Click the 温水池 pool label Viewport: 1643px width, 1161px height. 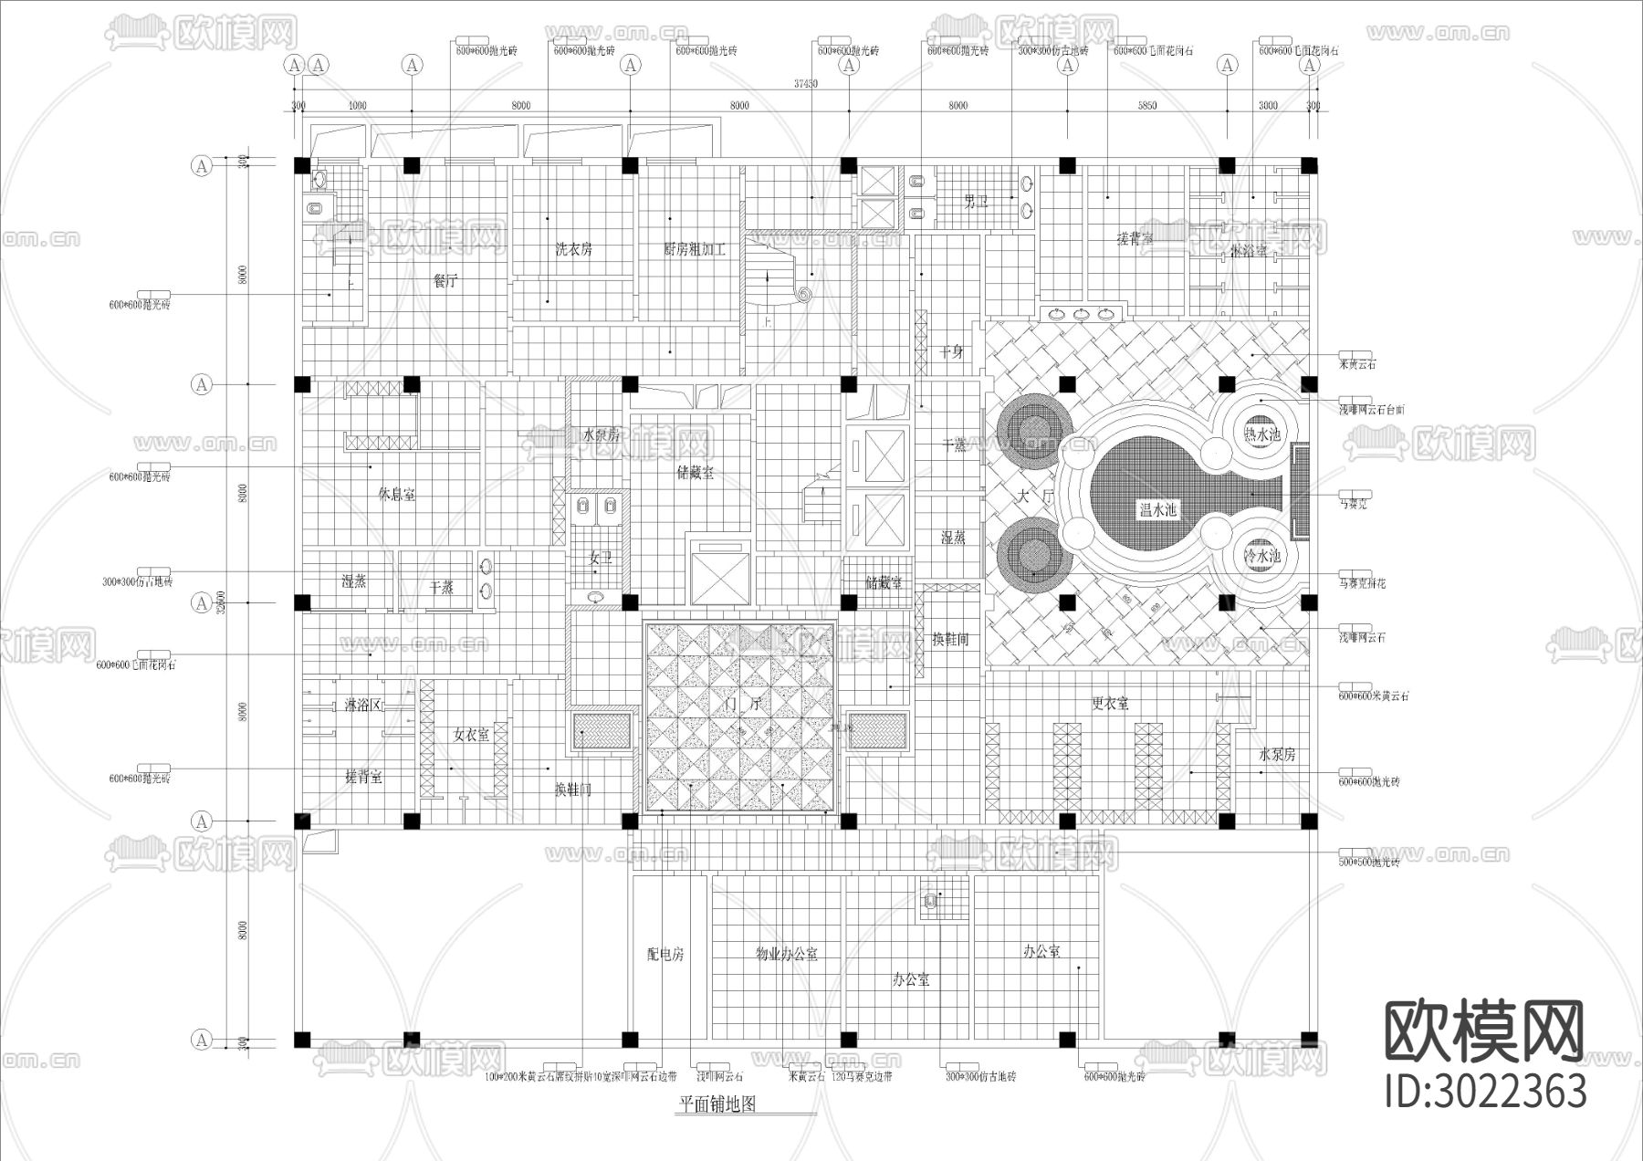coord(1157,510)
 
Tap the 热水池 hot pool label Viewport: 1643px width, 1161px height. coord(1262,435)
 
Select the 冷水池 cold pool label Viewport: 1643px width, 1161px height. coord(1262,556)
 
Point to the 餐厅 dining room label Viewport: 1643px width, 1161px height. coord(445,281)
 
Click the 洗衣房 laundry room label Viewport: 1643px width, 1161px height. coord(574,248)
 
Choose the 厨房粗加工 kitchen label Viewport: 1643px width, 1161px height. coord(695,248)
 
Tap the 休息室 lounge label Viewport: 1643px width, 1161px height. coord(396,494)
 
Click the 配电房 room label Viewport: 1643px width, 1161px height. coord(665,954)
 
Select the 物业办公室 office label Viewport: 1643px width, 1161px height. coord(786,954)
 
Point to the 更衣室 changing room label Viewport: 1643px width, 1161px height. coord(1110,704)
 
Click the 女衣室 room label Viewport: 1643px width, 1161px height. coord(471,734)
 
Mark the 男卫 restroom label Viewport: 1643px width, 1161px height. coord(977,202)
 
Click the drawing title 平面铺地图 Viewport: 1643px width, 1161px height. coord(717,1104)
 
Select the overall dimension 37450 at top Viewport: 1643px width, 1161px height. coord(805,83)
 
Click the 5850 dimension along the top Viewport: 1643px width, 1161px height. coord(1146,106)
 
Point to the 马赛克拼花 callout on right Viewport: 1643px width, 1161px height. coord(1362,583)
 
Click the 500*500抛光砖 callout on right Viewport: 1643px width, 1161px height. coord(1368,862)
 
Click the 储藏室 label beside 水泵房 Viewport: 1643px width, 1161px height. coord(696,473)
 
